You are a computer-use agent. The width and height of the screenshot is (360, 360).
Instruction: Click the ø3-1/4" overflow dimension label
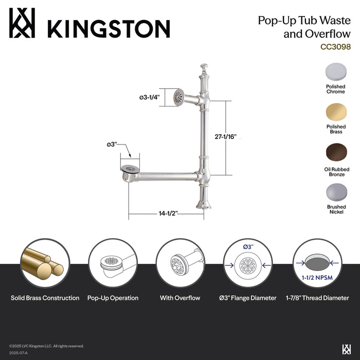(149, 97)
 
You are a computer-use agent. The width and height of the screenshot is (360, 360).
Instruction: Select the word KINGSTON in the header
(108, 27)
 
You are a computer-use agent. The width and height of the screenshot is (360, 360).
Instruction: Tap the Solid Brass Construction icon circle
(45, 263)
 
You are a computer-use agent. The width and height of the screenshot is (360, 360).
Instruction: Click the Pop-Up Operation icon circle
(113, 263)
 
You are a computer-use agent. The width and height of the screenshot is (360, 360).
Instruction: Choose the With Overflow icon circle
(180, 263)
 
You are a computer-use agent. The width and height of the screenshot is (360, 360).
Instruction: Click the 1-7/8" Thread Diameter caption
(314, 298)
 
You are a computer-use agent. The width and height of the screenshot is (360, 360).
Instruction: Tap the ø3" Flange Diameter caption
(247, 298)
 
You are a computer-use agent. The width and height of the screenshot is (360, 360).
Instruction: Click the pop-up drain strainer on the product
(130, 168)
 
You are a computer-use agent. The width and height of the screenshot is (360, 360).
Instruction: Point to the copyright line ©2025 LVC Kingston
(46, 346)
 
